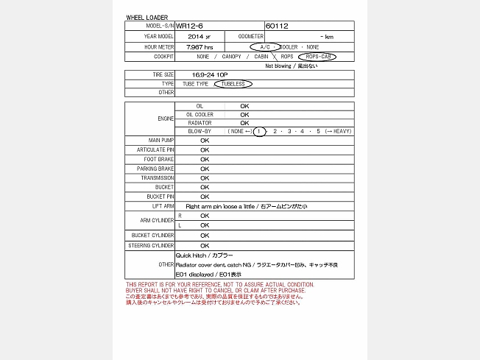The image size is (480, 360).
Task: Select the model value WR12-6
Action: point(188,26)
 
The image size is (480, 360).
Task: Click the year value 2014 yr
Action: point(199,36)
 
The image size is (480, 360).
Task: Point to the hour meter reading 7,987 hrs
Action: point(200,46)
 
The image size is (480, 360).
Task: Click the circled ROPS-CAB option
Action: point(317,56)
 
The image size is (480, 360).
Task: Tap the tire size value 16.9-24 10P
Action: point(209,74)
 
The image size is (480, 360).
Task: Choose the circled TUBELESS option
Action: point(233,84)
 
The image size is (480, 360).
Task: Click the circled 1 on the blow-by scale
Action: point(259,131)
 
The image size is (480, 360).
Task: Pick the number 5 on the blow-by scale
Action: point(318,131)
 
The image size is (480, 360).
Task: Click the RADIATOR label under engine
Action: point(200,123)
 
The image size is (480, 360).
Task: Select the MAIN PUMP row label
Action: point(160,140)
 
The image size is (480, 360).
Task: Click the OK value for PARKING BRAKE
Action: point(205,169)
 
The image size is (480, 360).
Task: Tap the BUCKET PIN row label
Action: point(160,197)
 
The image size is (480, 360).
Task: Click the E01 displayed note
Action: point(208,274)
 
